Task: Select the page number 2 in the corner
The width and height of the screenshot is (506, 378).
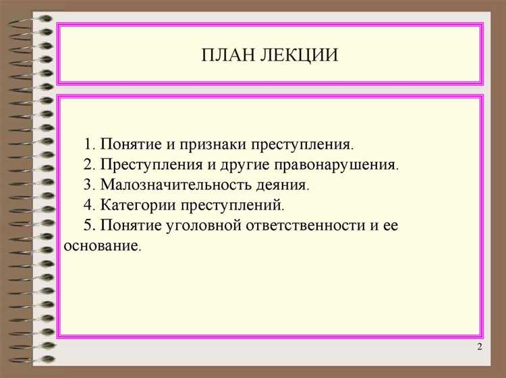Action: [x=479, y=347]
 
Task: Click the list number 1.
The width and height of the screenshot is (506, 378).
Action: [x=88, y=144]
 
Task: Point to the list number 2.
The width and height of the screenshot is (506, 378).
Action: [x=88, y=164]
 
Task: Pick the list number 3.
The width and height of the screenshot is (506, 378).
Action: [x=88, y=184]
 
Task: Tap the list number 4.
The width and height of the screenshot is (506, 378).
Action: [x=88, y=204]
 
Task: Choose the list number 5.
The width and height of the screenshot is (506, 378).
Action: [x=88, y=224]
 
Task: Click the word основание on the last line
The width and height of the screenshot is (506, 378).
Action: [x=101, y=245]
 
